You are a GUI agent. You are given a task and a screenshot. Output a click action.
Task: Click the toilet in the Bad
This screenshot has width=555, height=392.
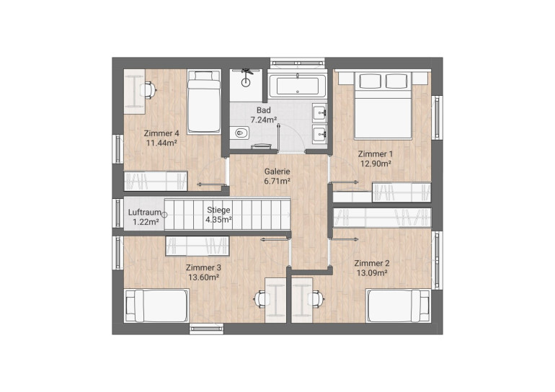pos(241,133)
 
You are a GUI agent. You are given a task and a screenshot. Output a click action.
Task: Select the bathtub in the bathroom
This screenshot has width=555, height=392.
pos(297,85)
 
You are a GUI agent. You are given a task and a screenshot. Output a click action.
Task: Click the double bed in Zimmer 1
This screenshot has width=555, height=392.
pos(383,105)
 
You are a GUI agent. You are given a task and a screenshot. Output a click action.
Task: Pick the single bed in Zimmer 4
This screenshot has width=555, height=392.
pos(203,102)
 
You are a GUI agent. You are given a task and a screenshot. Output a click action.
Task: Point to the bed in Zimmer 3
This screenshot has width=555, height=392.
pos(156,306)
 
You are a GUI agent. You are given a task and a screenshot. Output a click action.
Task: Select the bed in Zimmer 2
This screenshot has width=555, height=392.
pos(398,306)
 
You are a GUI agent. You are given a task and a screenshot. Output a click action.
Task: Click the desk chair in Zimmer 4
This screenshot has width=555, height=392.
pos(148,89)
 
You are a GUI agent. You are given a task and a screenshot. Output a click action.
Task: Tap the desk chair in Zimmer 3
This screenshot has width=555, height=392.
pos(260,299)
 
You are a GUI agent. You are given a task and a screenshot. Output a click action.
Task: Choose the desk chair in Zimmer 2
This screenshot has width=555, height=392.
pos(317,299)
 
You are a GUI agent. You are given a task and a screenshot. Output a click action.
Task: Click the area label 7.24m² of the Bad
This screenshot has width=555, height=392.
pos(264,120)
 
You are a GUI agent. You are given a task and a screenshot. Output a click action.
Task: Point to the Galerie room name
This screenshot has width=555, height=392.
pos(277,171)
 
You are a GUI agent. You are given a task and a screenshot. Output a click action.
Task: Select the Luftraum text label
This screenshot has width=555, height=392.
pos(144,213)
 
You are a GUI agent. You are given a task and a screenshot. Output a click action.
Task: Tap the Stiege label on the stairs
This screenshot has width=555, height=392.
pos(218,210)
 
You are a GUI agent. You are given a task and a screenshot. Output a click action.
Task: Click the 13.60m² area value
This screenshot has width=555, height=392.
pos(203,277)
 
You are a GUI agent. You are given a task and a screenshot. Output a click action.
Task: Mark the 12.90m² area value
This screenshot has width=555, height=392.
pos(376,164)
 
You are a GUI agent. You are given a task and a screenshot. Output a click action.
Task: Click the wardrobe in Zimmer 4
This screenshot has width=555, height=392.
pos(156,181)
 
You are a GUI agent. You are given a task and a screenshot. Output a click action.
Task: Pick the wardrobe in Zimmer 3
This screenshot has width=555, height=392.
pos(197,246)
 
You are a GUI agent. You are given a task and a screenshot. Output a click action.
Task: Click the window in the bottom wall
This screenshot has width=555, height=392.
pos(206,329)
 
